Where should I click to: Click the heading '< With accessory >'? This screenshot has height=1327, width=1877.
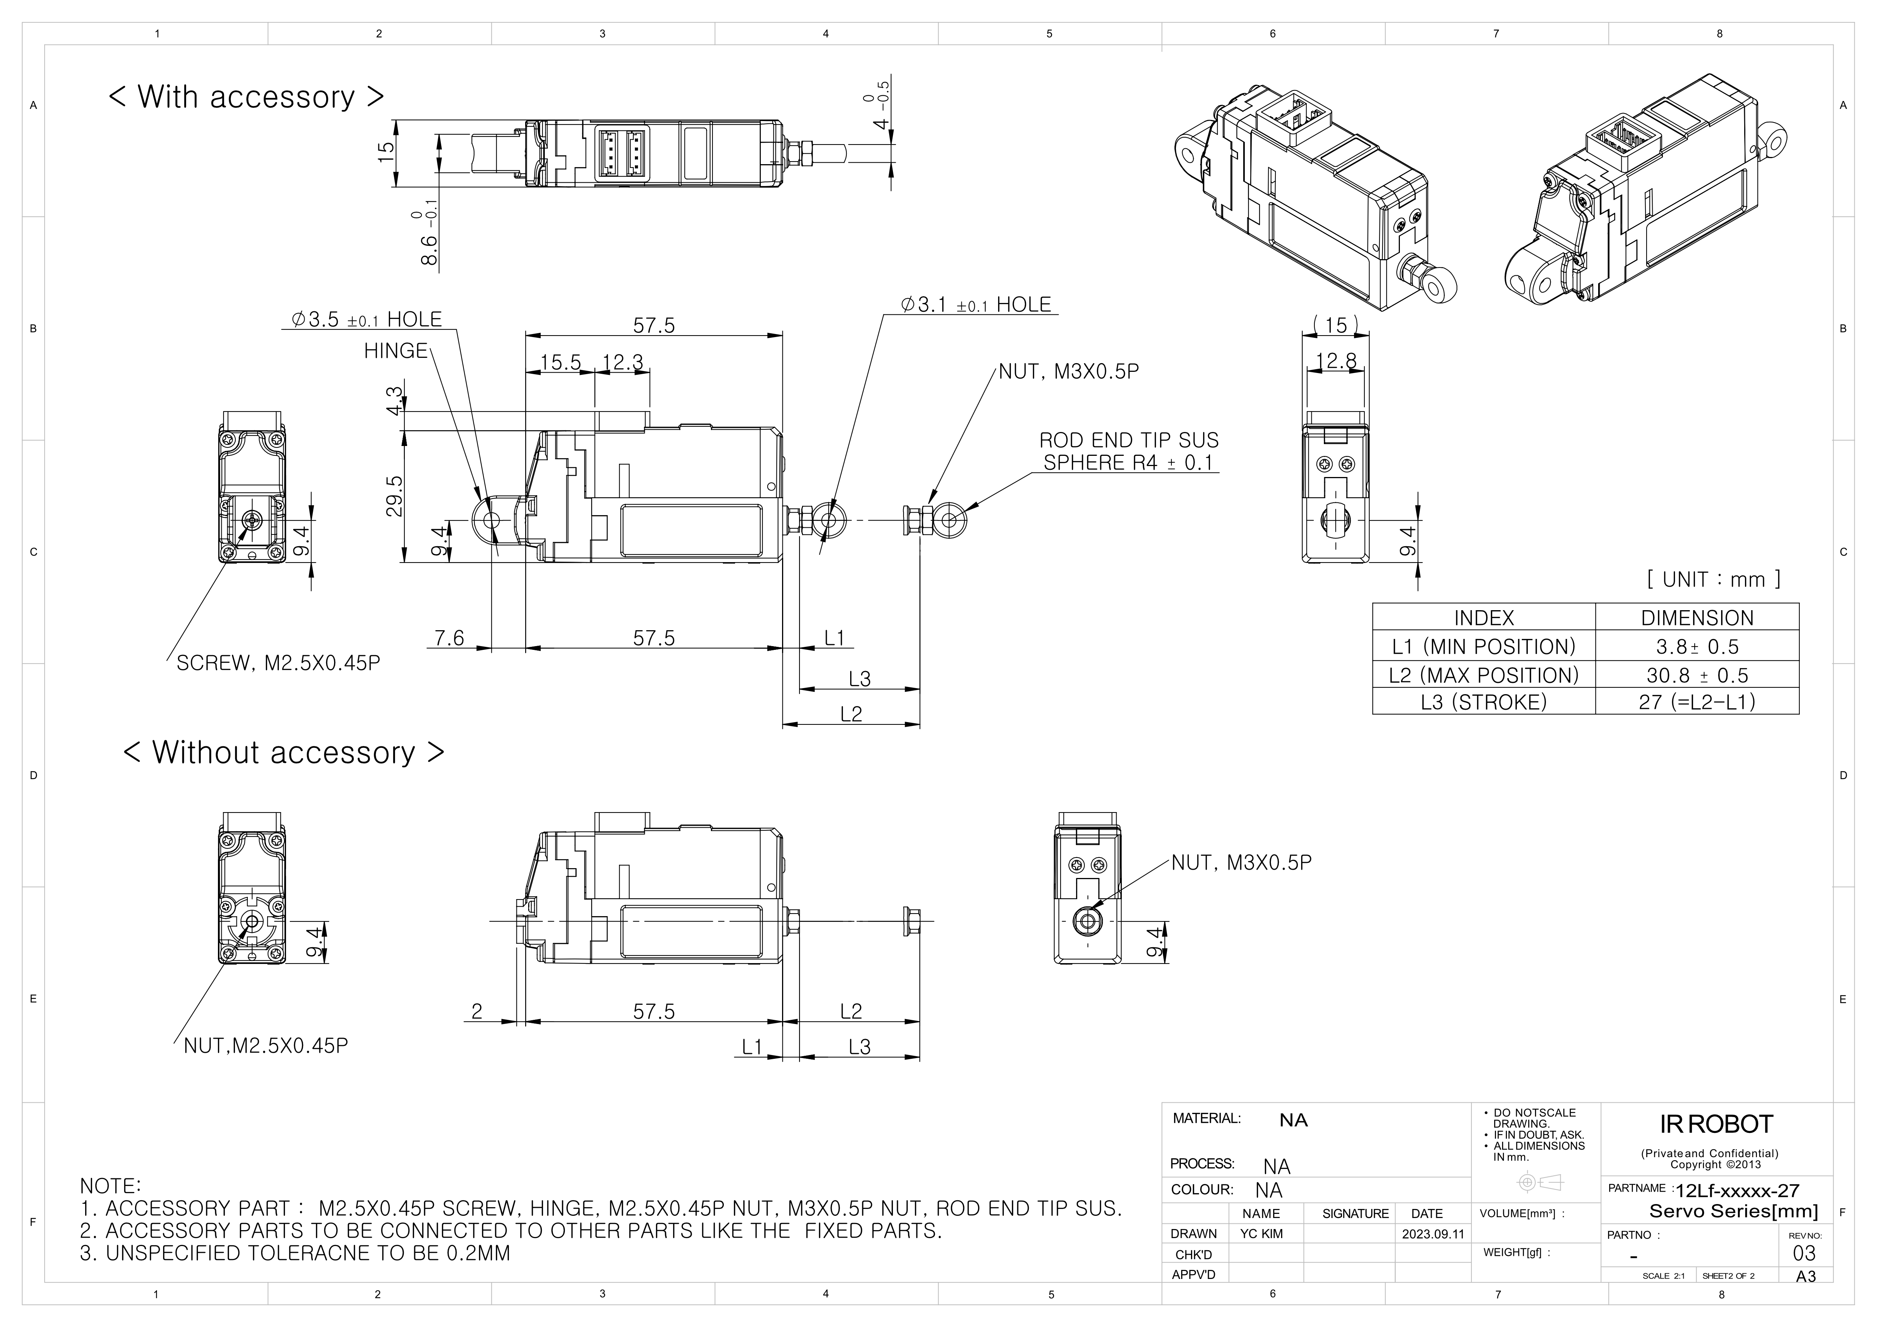coord(246,96)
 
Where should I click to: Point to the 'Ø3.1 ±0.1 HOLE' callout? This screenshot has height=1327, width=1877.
coord(976,305)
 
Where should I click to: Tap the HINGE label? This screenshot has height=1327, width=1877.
coord(396,351)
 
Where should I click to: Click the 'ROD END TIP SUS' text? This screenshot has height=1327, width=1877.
coord(1128,440)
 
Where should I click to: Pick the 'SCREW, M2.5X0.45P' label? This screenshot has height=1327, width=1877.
coord(278,663)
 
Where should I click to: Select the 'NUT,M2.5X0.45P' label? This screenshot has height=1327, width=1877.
coord(266,1046)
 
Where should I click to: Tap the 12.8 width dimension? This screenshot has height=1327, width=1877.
coord(1336,360)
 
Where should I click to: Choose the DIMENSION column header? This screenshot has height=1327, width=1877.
coord(1697,618)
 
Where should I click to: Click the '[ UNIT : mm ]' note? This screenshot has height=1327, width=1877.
coord(1714,580)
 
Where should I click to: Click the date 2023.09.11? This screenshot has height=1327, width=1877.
coord(1433,1234)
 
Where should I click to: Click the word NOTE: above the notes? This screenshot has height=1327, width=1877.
coord(110,1186)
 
